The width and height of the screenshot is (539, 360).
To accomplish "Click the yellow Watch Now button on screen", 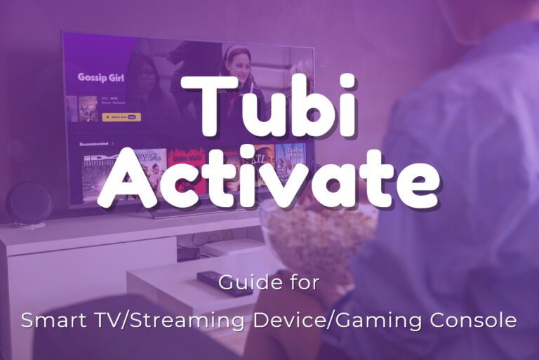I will click(121, 117).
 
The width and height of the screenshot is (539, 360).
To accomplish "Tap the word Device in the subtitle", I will click(287, 320).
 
